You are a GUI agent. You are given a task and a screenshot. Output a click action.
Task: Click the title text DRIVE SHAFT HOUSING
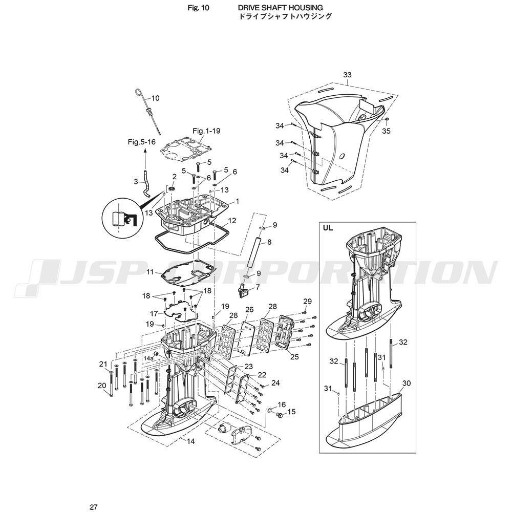281,8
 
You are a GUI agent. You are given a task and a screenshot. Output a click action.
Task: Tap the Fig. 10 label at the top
198,8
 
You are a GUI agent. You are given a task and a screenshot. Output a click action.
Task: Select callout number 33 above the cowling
348,75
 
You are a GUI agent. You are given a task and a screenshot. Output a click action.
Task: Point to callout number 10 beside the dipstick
156,98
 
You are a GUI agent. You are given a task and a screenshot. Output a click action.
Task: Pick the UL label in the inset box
328,228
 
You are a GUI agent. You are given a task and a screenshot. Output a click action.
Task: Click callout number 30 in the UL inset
406,383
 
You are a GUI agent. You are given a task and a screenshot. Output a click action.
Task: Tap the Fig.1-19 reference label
206,131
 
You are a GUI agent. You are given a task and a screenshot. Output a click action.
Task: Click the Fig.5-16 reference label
142,142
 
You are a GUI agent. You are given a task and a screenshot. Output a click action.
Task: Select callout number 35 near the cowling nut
386,131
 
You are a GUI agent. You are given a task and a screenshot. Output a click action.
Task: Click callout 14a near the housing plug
148,358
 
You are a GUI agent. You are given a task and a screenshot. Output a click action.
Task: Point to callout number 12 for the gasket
232,221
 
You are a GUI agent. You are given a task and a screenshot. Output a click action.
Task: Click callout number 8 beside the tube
269,242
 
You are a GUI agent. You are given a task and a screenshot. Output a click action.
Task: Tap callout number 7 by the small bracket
258,287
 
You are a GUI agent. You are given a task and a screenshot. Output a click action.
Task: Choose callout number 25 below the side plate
294,357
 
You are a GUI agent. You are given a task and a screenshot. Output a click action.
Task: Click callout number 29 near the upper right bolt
307,301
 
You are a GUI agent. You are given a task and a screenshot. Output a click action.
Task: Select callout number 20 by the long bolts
102,386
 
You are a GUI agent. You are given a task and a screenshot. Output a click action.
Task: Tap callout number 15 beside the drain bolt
291,412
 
